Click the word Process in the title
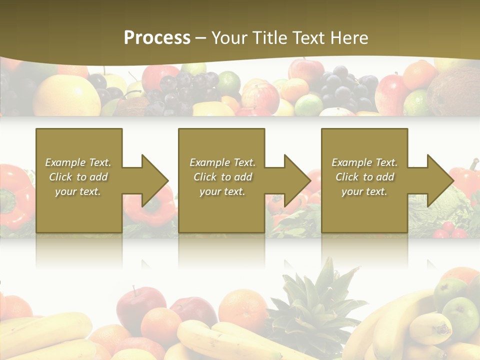coord(157,38)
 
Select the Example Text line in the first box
coord(78,162)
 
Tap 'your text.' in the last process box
coord(364,191)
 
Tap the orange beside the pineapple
coord(243,307)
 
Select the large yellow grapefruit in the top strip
coord(67,95)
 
